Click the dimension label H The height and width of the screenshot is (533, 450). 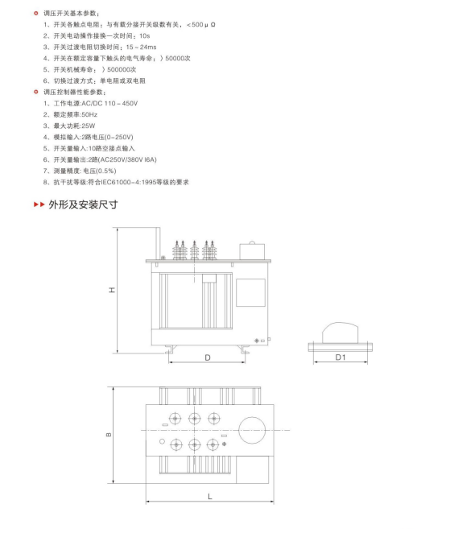pyautogui.click(x=112, y=290)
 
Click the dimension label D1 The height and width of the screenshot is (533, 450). pyautogui.click(x=341, y=357)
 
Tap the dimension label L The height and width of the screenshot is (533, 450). pyautogui.click(x=210, y=497)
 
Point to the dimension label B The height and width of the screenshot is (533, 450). pyautogui.click(x=109, y=435)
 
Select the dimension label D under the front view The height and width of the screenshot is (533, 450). pyautogui.click(x=208, y=357)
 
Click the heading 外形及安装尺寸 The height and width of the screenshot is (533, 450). pyautogui.click(x=83, y=205)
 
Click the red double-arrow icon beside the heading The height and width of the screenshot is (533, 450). pyautogui.click(x=39, y=205)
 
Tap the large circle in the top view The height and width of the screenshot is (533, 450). pyautogui.click(x=252, y=430)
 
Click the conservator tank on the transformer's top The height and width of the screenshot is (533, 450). pyautogui.click(x=252, y=251)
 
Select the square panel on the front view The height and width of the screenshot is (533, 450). pyautogui.click(x=250, y=293)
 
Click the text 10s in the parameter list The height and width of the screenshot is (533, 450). pyautogui.click(x=144, y=35)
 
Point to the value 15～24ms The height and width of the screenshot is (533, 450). pyautogui.click(x=141, y=47)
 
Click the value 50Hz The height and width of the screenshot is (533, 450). pyautogui.click(x=89, y=114)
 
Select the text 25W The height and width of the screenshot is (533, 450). pyautogui.click(x=89, y=126)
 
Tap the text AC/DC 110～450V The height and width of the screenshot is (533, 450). pyautogui.click(x=109, y=103)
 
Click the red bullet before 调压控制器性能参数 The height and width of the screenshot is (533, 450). pyautogui.click(x=36, y=92)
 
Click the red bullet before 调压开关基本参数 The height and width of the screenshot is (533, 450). pyautogui.click(x=36, y=13)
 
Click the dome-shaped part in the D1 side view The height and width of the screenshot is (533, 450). pyautogui.click(x=341, y=333)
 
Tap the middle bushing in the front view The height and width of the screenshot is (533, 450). pyautogui.click(x=195, y=250)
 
